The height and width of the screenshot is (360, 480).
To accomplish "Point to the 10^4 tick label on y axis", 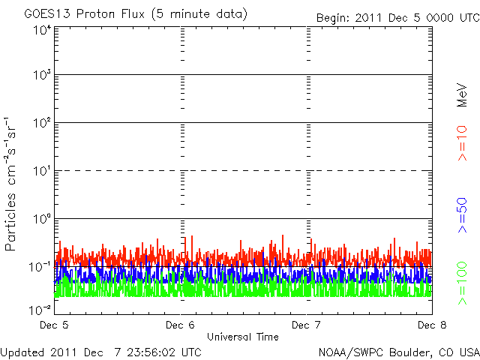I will [41, 30].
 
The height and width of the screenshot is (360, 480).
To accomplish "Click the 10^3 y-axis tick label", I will [41, 75].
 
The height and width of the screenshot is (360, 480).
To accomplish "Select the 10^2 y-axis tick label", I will [41, 123].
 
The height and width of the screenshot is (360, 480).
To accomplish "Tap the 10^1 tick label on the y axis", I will [41, 171].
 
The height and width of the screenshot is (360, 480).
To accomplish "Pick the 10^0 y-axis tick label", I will [41, 219].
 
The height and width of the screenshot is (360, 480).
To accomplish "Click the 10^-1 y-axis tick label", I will [40, 267].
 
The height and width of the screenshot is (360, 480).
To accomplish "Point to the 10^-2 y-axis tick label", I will [40, 309].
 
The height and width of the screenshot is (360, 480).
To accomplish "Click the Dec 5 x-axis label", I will [54, 325].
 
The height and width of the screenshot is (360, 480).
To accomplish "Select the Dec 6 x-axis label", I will [180, 325].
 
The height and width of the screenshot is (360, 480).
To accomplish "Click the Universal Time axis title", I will [243, 337].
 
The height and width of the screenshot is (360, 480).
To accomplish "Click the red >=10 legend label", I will [463, 142].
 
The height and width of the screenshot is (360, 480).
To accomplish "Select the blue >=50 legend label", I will [463, 213].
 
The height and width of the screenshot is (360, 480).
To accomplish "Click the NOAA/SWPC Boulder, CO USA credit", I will [398, 352].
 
